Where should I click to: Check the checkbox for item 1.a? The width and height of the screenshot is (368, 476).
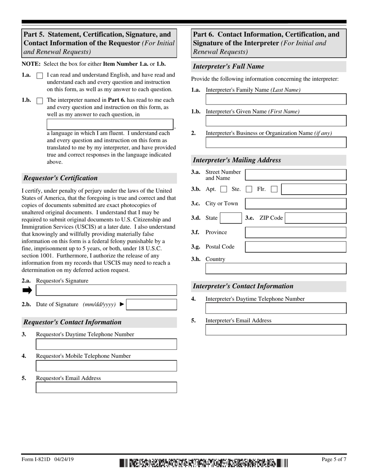click(x=40, y=76)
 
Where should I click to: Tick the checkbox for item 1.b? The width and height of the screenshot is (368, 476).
click(x=40, y=101)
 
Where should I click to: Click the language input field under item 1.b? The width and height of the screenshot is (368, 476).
click(x=110, y=124)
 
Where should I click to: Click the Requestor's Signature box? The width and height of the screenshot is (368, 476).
click(x=106, y=290)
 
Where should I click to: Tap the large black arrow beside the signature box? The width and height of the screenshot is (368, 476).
click(x=27, y=290)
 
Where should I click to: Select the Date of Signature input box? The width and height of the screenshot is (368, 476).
click(x=151, y=305)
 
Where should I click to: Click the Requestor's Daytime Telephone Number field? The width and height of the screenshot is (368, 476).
click(x=106, y=344)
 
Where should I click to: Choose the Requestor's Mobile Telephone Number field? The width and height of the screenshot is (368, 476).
click(x=106, y=366)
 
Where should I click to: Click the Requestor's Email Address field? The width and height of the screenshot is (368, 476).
click(x=106, y=387)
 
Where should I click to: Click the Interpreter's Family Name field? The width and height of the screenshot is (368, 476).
click(x=276, y=99)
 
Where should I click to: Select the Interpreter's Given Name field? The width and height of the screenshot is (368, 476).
click(x=276, y=121)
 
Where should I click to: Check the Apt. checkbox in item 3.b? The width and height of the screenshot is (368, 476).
click(x=224, y=189)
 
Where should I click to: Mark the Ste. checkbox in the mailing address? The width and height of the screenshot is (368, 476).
click(x=249, y=189)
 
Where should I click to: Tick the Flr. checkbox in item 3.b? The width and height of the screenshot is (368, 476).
click(x=274, y=189)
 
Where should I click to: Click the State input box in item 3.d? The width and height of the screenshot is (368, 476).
click(x=231, y=218)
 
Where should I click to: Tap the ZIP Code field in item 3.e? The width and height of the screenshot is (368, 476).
click(x=315, y=218)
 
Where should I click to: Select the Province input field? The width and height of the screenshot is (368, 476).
click(x=296, y=232)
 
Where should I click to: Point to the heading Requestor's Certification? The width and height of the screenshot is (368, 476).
click(x=61, y=178)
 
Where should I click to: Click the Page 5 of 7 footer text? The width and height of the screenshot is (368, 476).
click(x=334, y=459)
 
